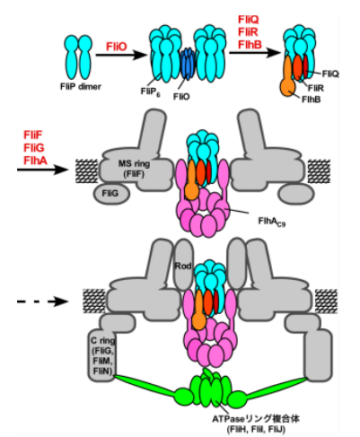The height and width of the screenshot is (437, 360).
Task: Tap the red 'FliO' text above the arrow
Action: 117,46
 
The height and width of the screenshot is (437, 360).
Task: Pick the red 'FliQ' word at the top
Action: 250,19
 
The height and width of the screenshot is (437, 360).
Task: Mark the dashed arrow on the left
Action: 40,302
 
